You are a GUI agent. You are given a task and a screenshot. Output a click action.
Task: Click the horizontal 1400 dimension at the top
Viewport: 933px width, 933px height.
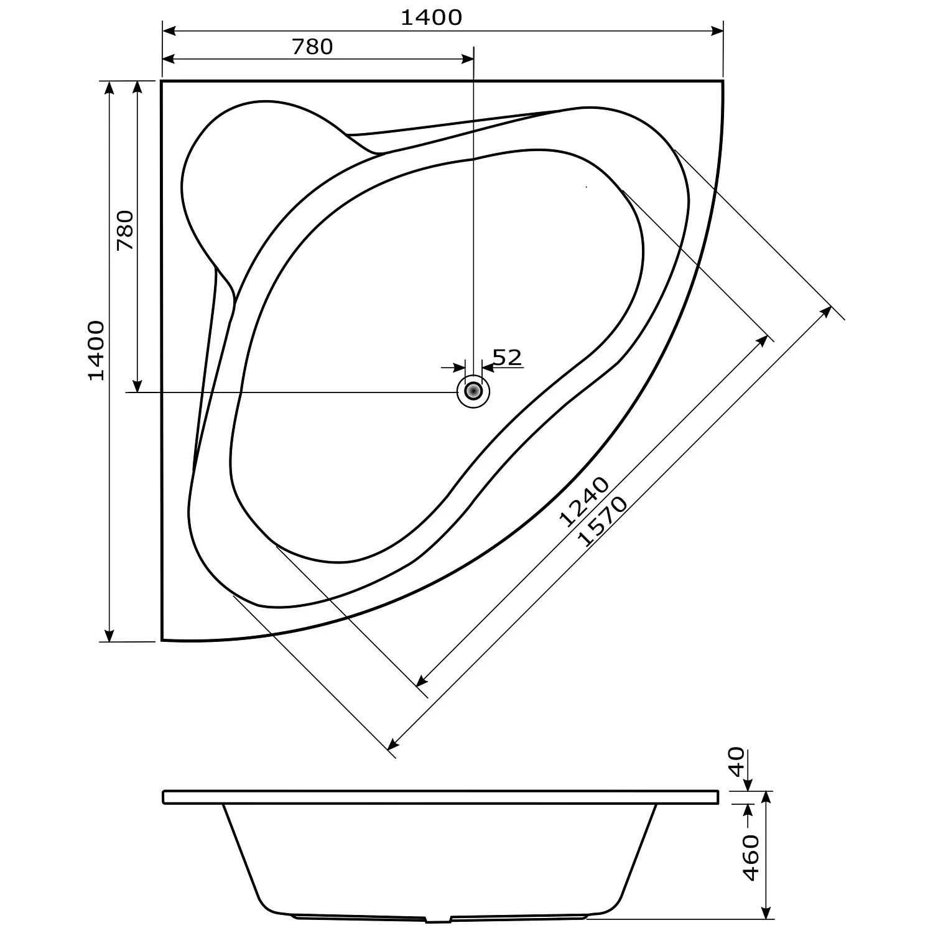[x=431, y=17]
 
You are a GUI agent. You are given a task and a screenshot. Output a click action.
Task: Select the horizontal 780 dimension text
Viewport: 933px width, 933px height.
[x=312, y=47]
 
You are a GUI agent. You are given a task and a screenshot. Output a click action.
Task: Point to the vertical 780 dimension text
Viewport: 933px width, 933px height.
[x=124, y=230]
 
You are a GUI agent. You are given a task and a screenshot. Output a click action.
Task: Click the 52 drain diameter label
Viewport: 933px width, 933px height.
[x=507, y=357]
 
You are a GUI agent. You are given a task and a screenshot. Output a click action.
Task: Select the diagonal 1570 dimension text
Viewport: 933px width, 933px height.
[x=602, y=521]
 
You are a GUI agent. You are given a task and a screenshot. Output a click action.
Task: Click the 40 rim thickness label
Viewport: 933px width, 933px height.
[x=736, y=761]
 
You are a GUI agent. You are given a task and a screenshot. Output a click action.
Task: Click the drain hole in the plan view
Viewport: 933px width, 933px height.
[x=473, y=391]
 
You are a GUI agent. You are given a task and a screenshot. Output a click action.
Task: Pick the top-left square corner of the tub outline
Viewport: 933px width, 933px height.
[x=162, y=81]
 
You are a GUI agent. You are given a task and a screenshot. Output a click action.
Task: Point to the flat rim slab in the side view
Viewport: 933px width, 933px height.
[x=440, y=797]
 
